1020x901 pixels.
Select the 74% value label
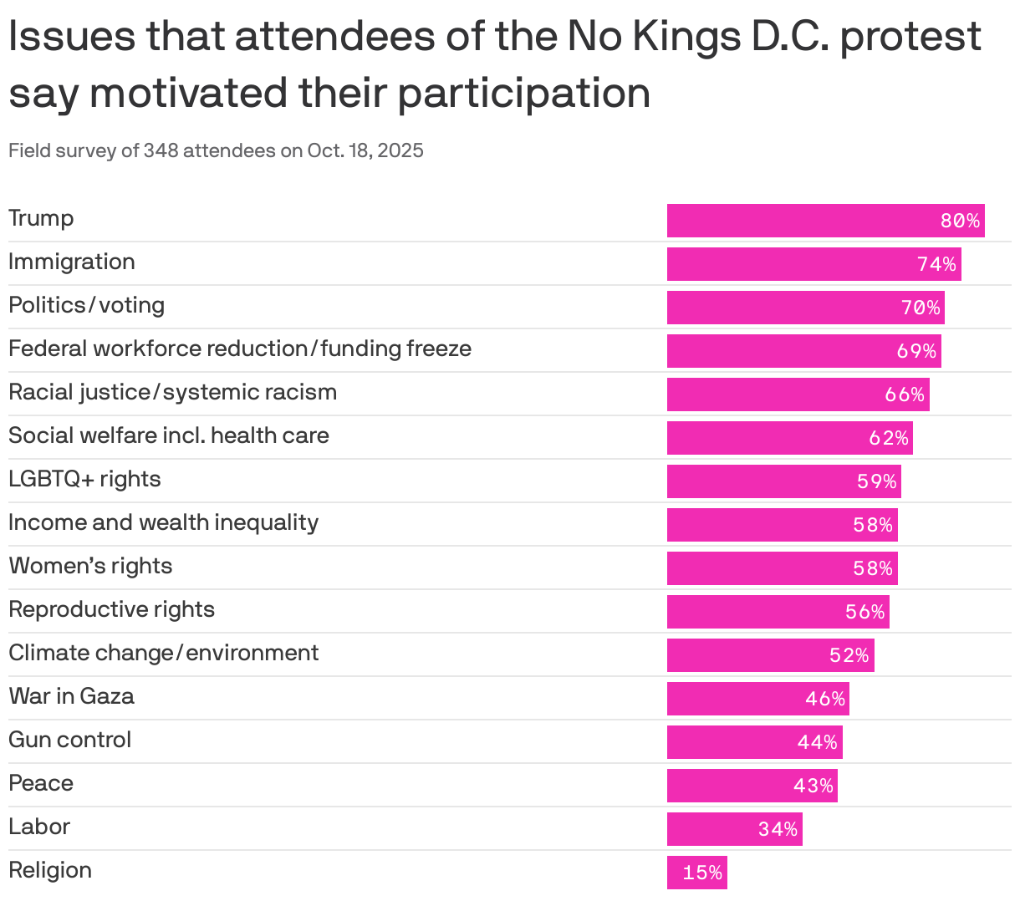[936, 264]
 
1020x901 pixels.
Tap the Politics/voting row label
[86, 305]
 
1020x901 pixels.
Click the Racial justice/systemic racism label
[172, 392]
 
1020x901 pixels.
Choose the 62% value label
[888, 438]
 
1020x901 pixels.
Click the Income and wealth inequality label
[163, 522]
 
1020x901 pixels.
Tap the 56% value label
[864, 612]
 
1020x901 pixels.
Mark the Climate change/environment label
[163, 653]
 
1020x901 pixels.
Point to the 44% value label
[817, 742]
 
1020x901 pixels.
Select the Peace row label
[41, 783]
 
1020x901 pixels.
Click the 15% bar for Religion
[696, 873]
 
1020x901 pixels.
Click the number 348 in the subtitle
[161, 150]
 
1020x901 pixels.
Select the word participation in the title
[523, 92]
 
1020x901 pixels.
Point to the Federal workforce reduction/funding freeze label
[240, 349]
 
